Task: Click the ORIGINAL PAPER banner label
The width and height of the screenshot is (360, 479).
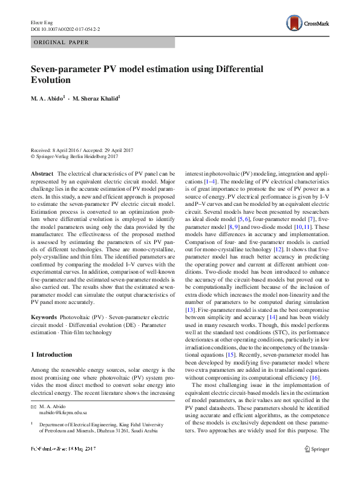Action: (x=61, y=42)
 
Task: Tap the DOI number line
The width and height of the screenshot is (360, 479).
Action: (x=57, y=28)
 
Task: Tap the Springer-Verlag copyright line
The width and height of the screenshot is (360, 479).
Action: (x=74, y=156)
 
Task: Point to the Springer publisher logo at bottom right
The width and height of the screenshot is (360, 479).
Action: (x=317, y=466)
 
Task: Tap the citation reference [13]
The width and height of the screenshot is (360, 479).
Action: (x=191, y=310)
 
